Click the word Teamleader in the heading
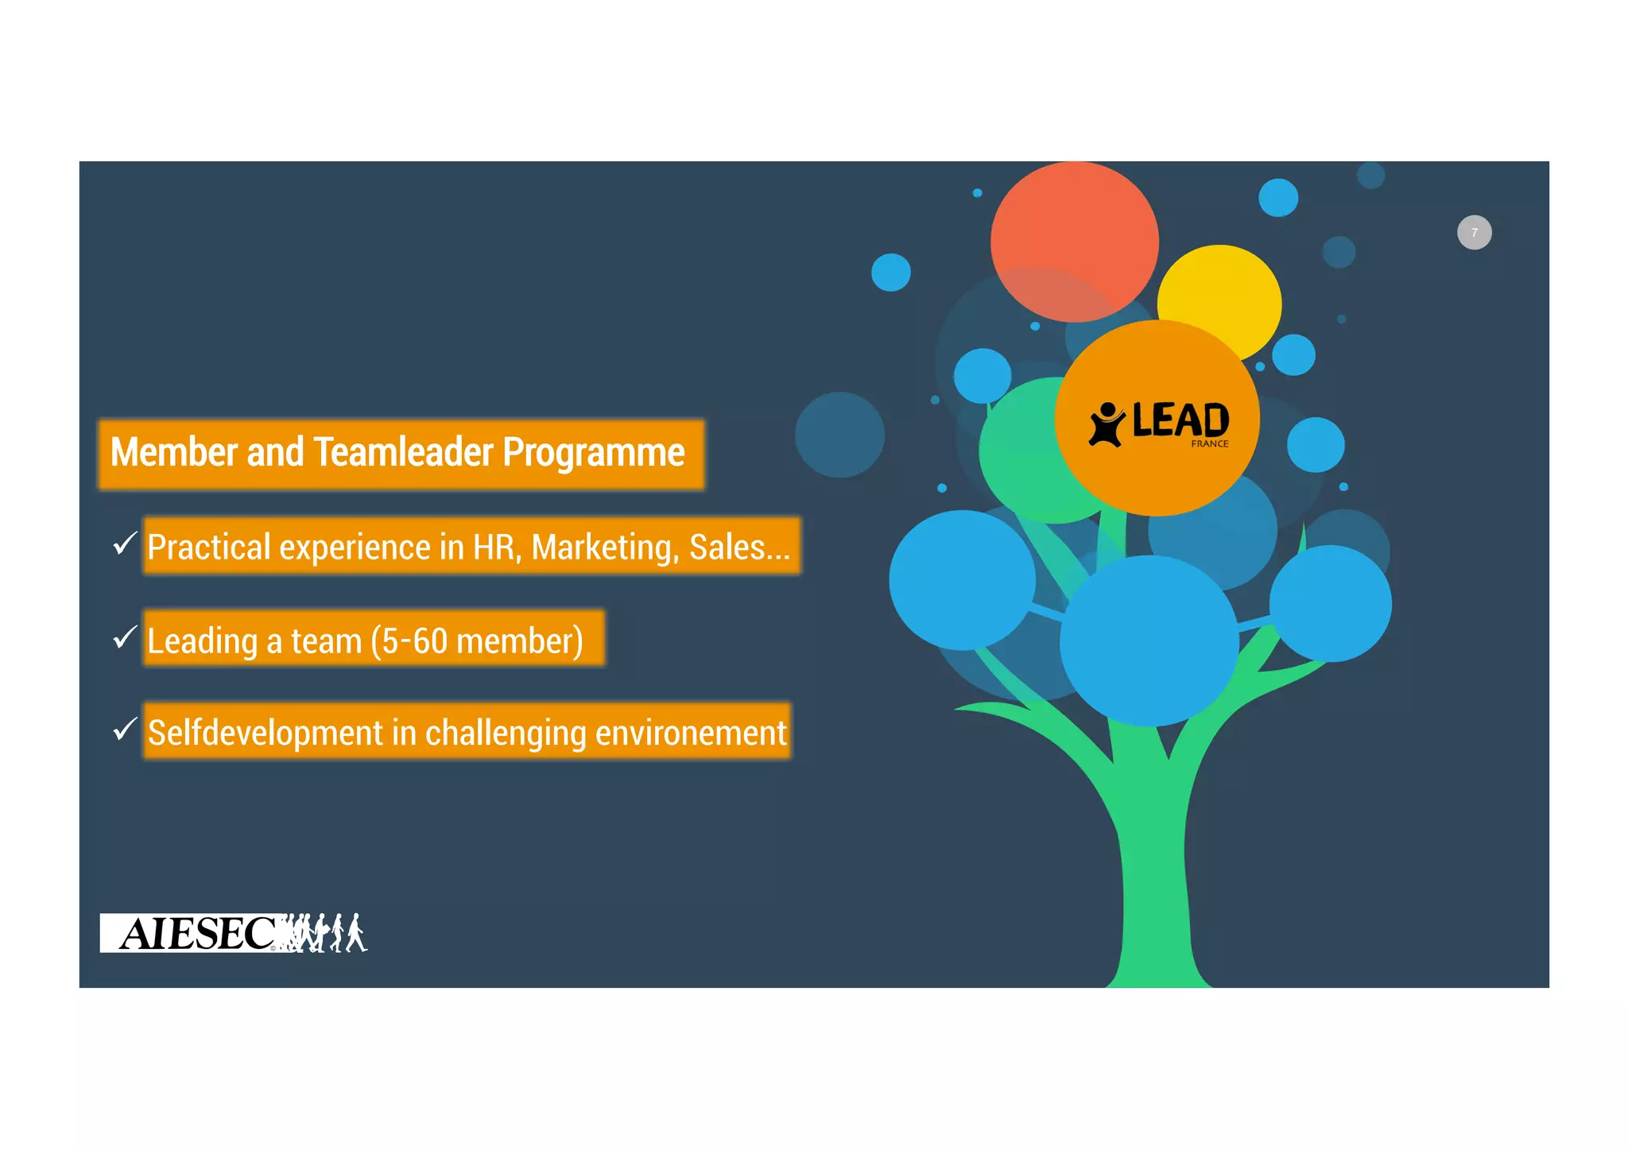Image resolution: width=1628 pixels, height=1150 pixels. (404, 453)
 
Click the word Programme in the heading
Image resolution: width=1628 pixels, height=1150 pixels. (593, 453)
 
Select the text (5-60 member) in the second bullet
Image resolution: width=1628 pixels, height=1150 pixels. (477, 641)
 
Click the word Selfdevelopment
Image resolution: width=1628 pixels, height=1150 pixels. (266, 733)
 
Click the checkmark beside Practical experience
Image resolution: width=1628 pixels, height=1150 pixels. (125, 544)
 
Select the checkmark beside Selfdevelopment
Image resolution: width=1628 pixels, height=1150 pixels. (125, 729)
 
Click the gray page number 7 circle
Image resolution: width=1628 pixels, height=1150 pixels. (1474, 233)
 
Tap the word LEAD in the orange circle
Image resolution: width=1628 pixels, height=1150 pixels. (1180, 420)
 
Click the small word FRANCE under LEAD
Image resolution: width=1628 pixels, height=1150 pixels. (1209, 444)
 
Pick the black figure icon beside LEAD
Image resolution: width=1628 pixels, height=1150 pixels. (1107, 424)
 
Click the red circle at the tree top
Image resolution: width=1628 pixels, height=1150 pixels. (1074, 230)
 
